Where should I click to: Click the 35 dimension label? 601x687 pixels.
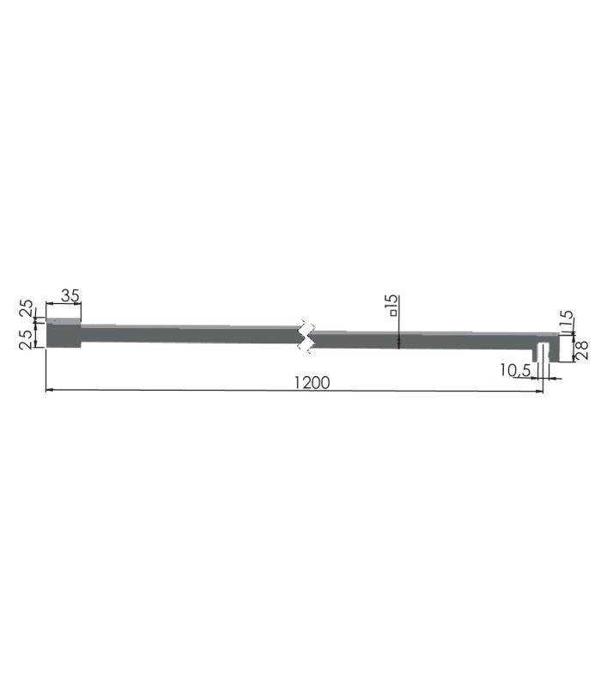(70, 295)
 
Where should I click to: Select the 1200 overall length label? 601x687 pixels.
(312, 382)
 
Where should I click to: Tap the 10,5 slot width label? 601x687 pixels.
(515, 371)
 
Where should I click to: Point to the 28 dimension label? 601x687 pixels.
(582, 350)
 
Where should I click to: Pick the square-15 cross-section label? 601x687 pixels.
(392, 306)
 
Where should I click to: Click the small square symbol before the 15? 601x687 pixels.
(394, 313)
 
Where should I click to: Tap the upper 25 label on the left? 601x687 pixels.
(26, 308)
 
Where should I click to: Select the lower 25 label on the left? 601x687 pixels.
(26, 339)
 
